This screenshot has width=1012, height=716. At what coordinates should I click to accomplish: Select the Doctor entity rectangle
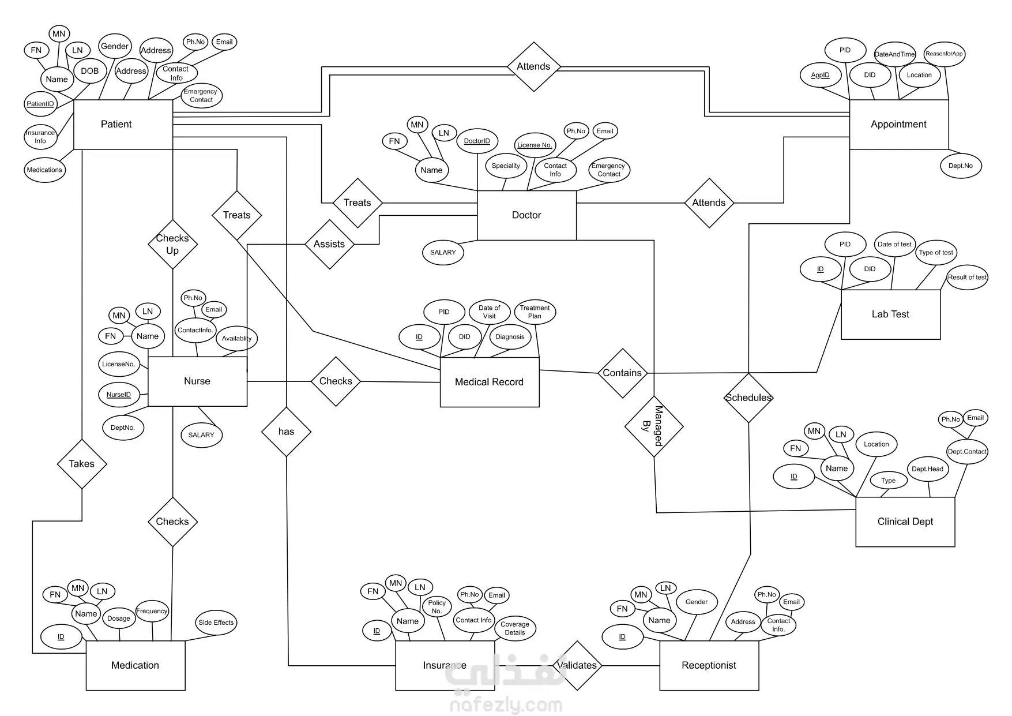(x=526, y=215)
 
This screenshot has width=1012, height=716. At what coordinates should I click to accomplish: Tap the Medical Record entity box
(x=489, y=382)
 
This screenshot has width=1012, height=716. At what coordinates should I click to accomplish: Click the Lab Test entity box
(x=890, y=314)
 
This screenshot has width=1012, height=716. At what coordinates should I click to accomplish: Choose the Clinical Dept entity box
(x=905, y=522)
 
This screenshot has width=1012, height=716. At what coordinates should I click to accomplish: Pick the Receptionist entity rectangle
(x=709, y=665)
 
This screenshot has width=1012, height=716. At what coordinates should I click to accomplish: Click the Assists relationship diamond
(x=329, y=244)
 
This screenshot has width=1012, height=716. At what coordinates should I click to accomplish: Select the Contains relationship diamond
(x=622, y=373)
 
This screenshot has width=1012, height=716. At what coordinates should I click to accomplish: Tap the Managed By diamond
(x=654, y=426)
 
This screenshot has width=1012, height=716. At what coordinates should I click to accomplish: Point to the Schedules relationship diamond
(x=748, y=398)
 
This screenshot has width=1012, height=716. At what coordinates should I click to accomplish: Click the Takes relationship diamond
(x=82, y=464)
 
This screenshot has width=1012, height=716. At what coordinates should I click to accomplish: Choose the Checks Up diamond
(x=172, y=245)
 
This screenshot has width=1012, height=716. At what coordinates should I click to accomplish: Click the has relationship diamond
(x=286, y=432)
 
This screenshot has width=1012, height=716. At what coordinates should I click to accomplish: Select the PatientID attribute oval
(x=40, y=104)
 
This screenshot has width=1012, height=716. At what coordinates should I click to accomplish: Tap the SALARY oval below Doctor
(x=443, y=253)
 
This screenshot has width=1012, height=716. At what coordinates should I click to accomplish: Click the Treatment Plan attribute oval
(x=535, y=312)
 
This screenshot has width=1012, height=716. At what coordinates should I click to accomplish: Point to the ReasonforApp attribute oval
(x=944, y=54)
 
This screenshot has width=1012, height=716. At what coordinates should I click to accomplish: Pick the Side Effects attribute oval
(x=216, y=623)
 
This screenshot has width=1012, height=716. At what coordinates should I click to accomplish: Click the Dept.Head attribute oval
(x=927, y=469)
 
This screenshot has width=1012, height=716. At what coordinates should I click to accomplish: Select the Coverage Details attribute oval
(x=515, y=628)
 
